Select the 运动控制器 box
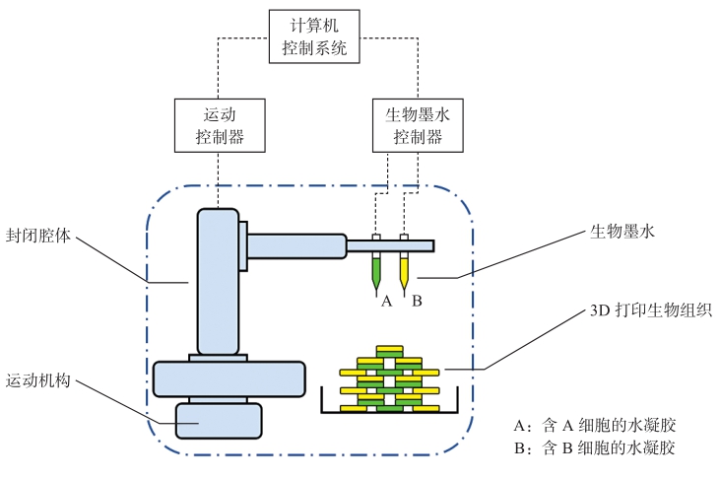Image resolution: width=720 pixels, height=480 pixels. coord(222,124)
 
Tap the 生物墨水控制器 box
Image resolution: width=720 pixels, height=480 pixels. coord(418,124)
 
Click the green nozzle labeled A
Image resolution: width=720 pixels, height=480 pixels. coord(376,270)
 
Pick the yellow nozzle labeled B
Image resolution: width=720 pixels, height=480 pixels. coord(404,270)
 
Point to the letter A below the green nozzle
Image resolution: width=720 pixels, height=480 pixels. coord(387,301)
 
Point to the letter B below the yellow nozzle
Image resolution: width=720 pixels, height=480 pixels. coord(417,301)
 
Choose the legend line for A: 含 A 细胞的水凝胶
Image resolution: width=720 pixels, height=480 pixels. coord(595,426)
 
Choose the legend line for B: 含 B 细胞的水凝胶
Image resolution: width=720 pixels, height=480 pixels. coord(595,448)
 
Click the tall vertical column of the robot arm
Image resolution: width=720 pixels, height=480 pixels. coord(217,281)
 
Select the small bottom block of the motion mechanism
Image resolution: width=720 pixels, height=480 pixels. coord(219,421)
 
